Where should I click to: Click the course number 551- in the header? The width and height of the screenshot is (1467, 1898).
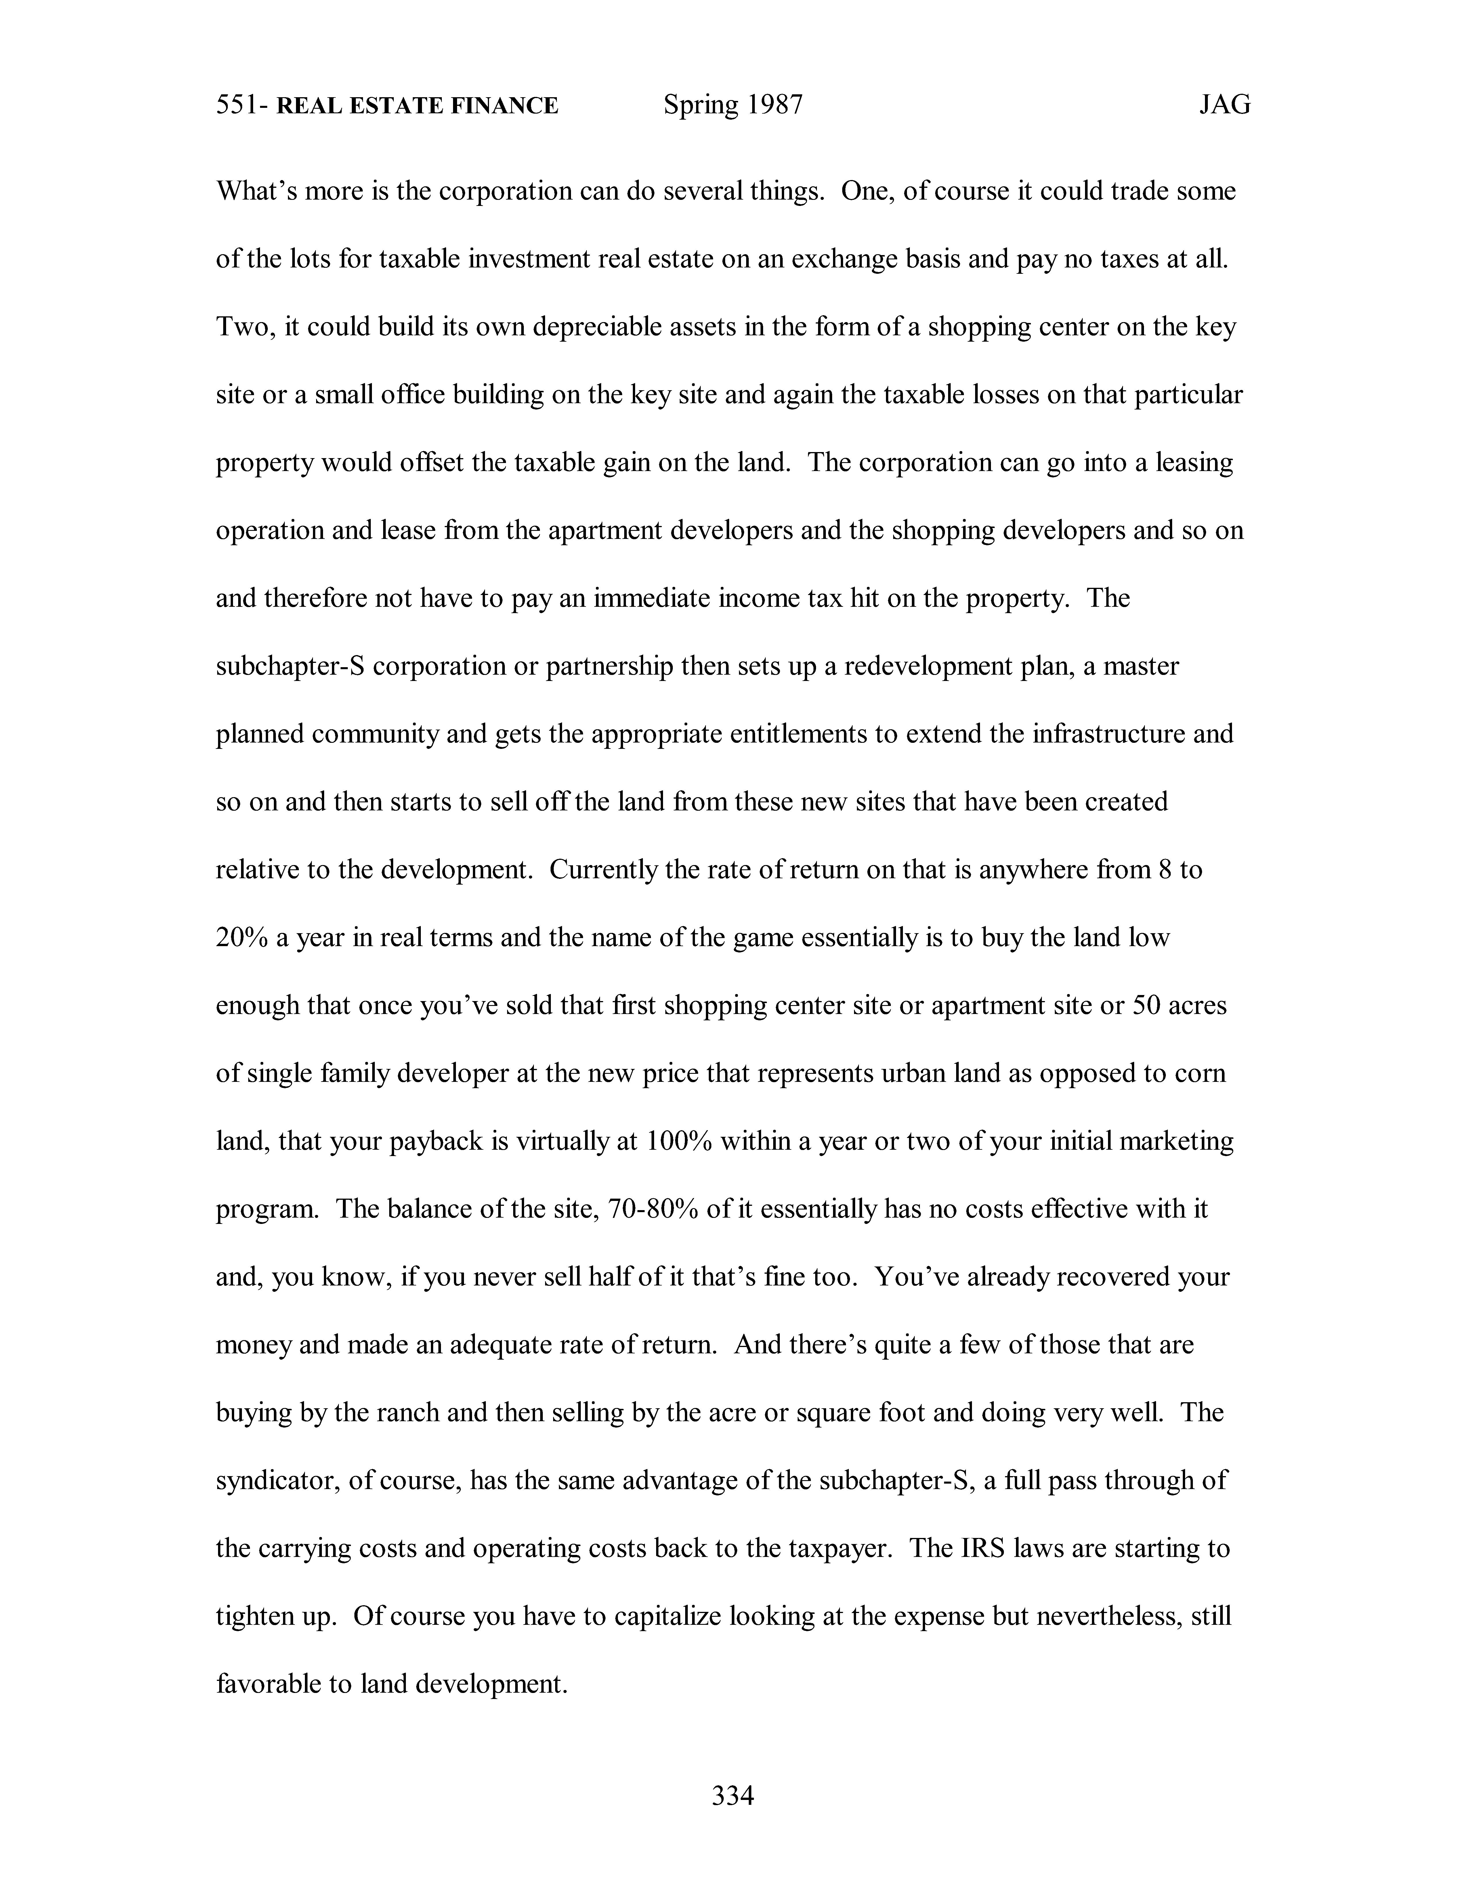pos(242,106)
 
